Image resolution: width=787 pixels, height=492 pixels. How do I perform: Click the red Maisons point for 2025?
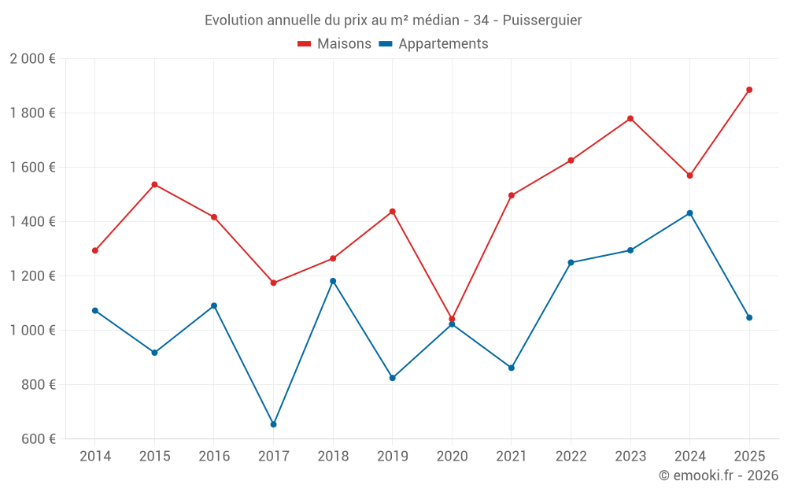coord(749,90)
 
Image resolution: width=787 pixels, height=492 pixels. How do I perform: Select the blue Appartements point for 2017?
coord(273,424)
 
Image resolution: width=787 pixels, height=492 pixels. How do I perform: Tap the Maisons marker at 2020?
coord(452,319)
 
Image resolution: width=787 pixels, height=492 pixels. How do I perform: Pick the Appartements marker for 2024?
coord(689,213)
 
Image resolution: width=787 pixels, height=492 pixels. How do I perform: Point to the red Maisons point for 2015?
coord(154,184)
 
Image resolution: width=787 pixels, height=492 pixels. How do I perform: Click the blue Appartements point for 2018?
coord(333,281)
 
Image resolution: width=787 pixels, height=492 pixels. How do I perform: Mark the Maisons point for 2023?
coord(630,119)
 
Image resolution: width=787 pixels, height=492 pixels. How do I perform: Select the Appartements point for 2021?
coord(512,368)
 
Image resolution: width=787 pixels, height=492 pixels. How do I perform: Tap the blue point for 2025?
coord(749,318)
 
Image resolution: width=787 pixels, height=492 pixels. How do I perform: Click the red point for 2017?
coord(273,283)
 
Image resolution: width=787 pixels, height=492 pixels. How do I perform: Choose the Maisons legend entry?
coord(334,44)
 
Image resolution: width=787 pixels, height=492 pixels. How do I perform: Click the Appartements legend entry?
coord(434,44)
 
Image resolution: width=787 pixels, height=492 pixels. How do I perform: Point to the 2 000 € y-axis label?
coord(32,59)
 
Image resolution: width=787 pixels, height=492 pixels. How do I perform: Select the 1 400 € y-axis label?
coord(32,222)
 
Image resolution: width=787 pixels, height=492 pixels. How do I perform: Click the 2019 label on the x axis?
coord(393,456)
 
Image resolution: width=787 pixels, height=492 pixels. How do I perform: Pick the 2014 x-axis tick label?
coord(95,456)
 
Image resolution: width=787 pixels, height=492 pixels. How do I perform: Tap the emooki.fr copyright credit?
coord(718,475)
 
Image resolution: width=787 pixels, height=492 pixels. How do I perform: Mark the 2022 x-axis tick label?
coord(571,456)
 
